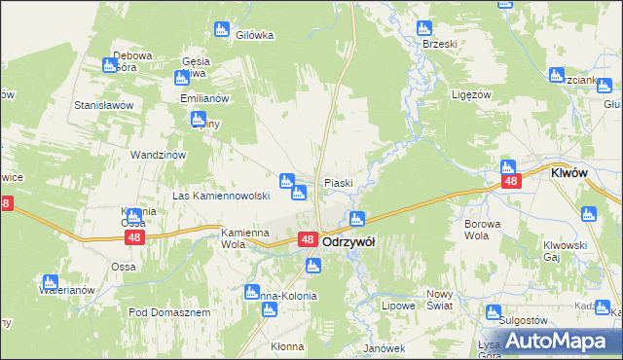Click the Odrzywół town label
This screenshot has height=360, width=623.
[349, 241]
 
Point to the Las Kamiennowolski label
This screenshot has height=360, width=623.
[220, 196]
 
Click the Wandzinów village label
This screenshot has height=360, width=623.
[158, 154]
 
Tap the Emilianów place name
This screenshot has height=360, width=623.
[203, 98]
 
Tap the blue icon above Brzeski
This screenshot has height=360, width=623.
[423, 29]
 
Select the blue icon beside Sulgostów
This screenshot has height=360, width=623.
[494, 312]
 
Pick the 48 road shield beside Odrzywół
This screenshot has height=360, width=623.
[307, 239]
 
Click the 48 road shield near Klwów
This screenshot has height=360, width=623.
[509, 181]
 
